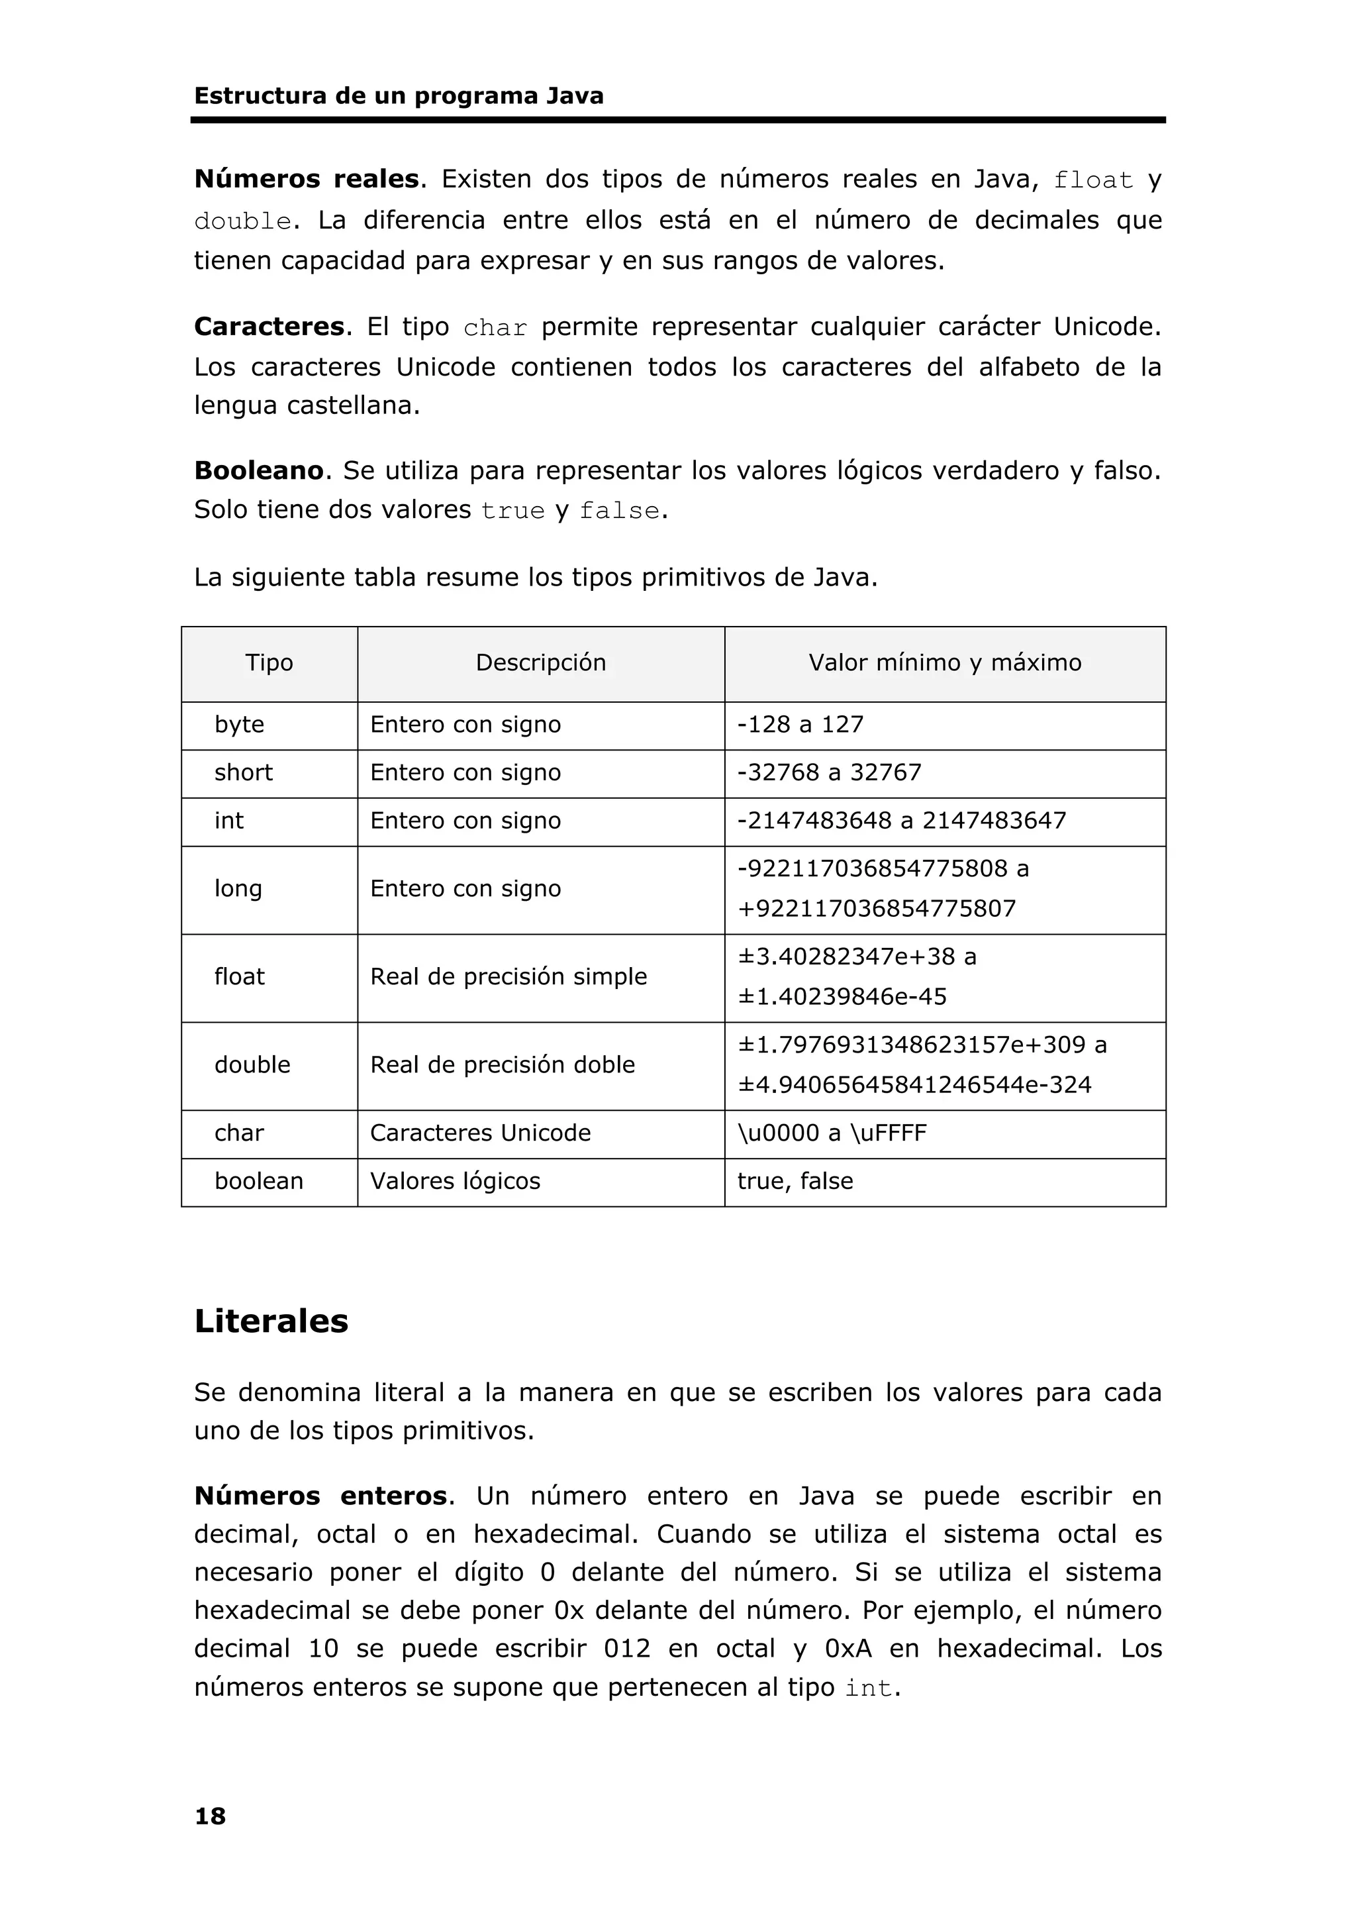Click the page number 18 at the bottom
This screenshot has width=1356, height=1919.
210,1816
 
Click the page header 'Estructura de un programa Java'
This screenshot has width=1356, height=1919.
399,96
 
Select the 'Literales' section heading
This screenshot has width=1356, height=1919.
271,1322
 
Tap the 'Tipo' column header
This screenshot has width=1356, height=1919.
269,663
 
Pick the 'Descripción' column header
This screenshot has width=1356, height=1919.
540,663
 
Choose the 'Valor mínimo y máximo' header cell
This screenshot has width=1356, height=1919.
944,663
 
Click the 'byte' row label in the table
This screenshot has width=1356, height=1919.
239,725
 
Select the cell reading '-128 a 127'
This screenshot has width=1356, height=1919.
800,725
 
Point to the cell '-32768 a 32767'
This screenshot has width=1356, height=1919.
828,772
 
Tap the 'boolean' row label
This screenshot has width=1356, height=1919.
258,1181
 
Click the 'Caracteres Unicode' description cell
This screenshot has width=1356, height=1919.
481,1133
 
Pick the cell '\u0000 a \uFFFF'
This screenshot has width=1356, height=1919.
832,1133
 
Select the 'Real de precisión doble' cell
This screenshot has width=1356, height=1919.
502,1064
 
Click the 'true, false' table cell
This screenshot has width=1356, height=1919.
795,1181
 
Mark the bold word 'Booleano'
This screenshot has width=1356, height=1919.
258,470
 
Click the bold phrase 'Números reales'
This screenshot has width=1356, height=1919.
306,179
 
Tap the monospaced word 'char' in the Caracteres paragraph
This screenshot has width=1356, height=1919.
495,328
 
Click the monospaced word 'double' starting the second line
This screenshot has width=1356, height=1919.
242,221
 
